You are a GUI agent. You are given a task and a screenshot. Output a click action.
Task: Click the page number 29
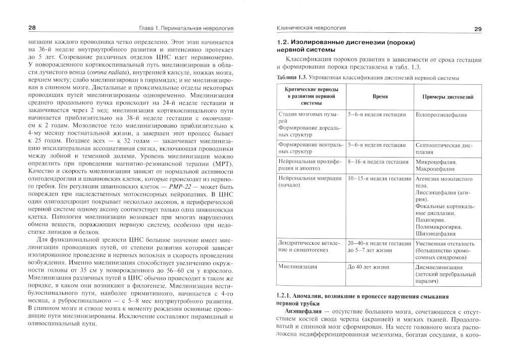(478, 29)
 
